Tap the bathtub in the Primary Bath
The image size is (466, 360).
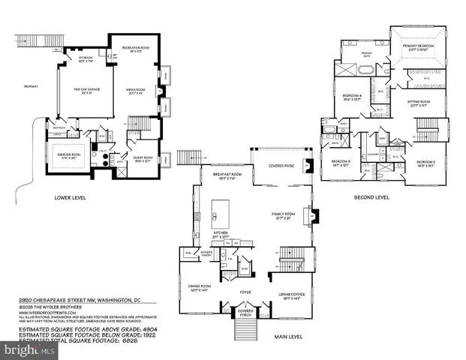coord(363,72)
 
